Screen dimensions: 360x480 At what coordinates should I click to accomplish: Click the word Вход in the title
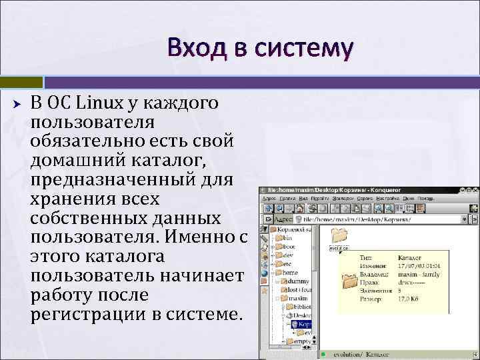[x=193, y=48]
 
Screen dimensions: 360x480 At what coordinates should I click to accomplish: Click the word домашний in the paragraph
[x=73, y=161]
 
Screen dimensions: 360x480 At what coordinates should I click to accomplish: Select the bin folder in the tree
[x=287, y=237]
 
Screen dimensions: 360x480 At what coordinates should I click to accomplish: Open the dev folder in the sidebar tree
[x=288, y=255]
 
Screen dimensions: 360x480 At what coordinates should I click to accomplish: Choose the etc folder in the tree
[x=287, y=263]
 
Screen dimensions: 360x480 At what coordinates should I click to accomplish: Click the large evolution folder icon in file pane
[x=339, y=235]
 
